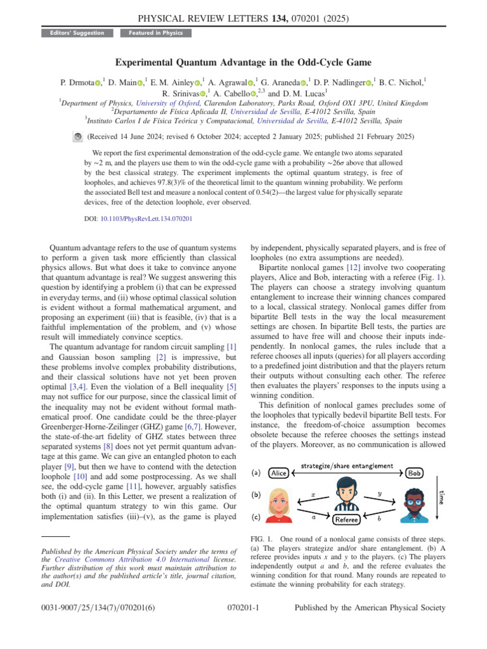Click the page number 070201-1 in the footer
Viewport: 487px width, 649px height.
point(243,625)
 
